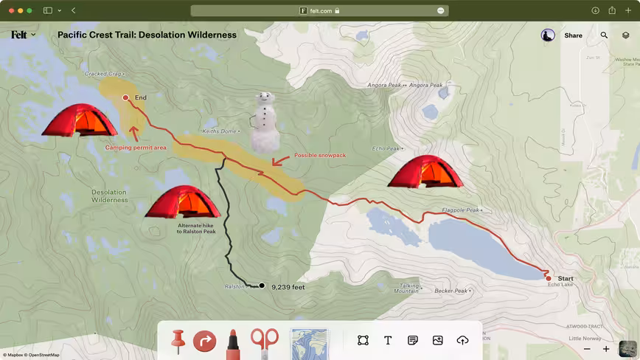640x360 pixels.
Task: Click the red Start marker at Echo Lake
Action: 549,278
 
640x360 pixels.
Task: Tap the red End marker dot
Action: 125,97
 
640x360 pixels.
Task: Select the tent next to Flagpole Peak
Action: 425,172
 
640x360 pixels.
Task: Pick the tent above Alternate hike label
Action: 182,201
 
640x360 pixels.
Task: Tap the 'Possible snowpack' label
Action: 320,156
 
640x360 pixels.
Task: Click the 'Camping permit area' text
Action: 136,148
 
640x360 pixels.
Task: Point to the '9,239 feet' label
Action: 288,287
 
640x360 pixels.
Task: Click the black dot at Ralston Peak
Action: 261,285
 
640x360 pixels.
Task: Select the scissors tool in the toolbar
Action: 264,342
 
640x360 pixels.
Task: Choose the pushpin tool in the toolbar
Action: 178,341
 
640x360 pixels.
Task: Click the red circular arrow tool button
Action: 204,342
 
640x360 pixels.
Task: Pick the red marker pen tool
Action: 232,342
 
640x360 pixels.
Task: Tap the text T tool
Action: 388,340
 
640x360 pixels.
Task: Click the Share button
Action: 573,35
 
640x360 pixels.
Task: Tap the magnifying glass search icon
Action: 604,35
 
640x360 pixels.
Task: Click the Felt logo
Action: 19,35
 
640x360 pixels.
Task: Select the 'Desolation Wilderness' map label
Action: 110,196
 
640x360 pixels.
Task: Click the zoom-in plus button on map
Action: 606,349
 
